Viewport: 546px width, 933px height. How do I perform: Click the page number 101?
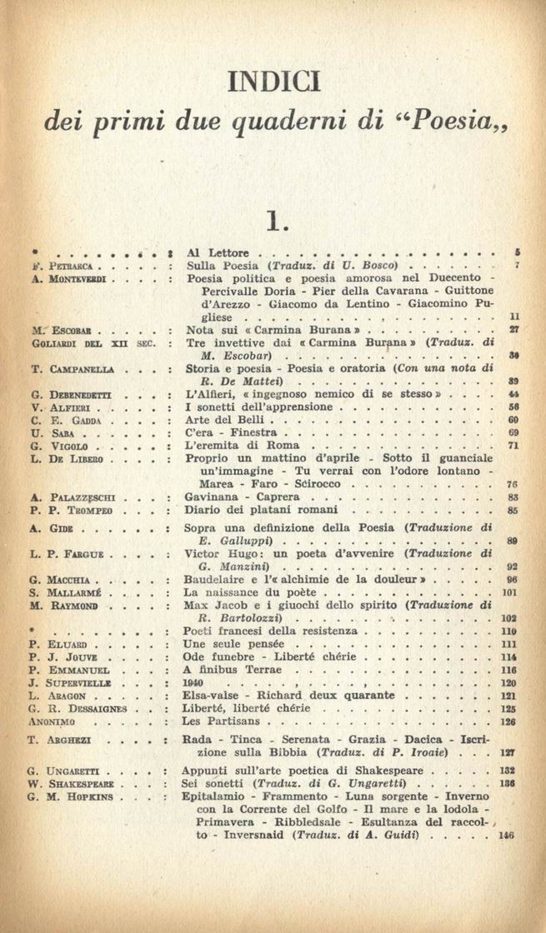[512, 593]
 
